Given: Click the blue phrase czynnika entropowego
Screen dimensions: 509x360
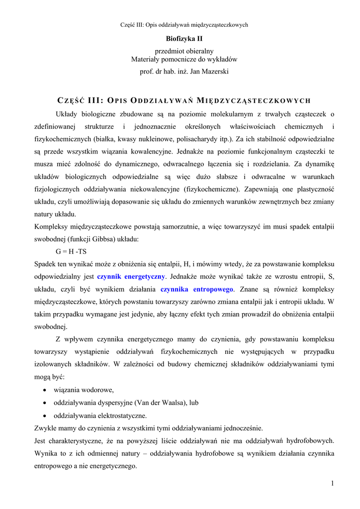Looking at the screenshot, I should (196, 289).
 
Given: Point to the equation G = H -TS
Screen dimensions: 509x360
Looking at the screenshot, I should (71, 252).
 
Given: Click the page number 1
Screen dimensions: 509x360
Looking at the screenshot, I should (332, 484).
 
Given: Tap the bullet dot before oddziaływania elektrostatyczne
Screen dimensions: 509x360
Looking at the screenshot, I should (46, 416).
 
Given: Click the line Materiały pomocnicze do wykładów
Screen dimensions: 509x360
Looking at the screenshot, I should (184, 59).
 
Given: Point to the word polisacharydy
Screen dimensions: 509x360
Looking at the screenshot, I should (194, 139).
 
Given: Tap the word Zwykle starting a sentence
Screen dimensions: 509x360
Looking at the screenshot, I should (45, 428).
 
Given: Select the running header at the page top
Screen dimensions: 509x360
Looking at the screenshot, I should (184, 24).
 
